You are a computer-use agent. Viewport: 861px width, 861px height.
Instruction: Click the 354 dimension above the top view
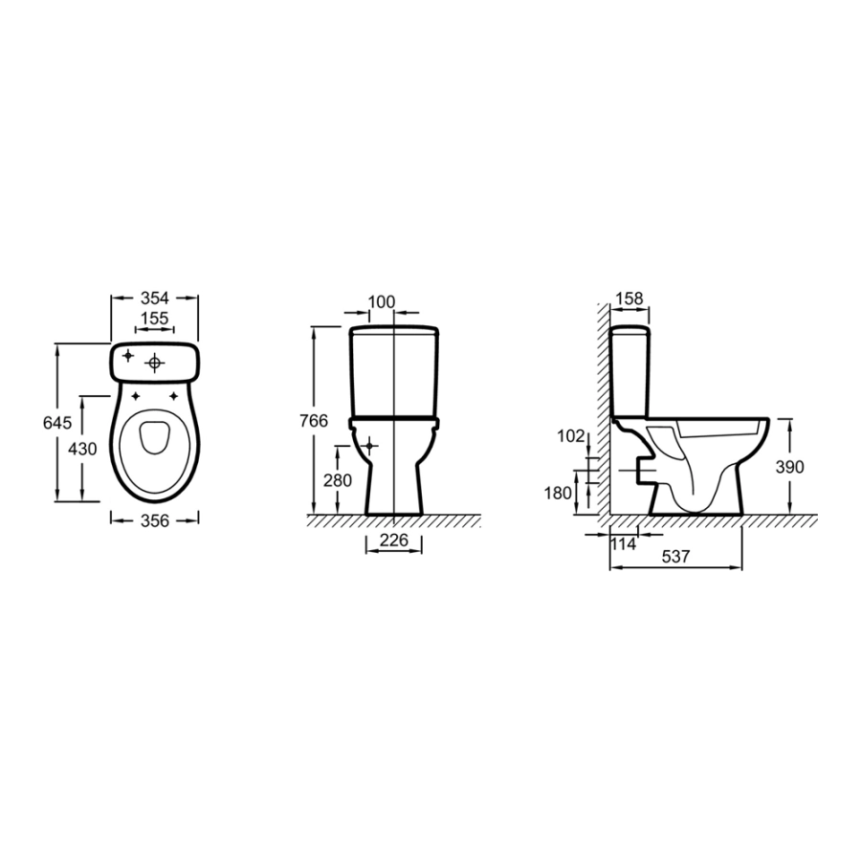click(x=154, y=298)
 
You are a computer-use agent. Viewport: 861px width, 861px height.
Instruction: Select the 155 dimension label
click(x=154, y=319)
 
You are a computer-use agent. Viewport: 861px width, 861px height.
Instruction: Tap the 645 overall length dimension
click(x=57, y=423)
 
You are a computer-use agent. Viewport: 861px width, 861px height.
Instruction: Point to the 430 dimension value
click(x=82, y=450)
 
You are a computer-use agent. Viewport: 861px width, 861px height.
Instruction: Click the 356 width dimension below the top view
click(x=155, y=520)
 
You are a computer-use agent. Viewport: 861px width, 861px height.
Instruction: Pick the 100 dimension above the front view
click(x=381, y=302)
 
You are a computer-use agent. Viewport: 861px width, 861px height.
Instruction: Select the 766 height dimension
click(x=314, y=421)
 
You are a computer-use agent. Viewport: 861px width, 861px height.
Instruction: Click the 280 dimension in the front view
click(x=337, y=480)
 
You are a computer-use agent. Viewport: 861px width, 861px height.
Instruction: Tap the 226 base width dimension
click(x=394, y=541)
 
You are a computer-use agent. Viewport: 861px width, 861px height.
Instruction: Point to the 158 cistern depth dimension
click(x=629, y=298)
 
